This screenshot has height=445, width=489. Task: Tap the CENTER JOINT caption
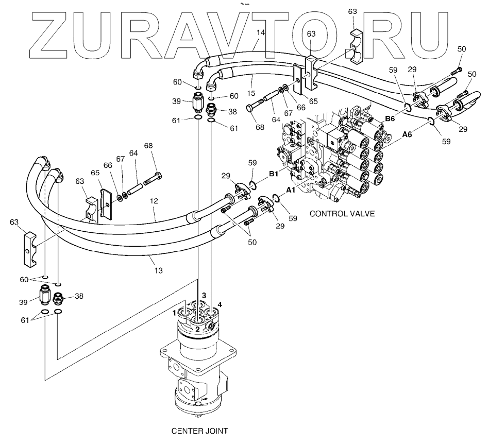pyautogui.click(x=199, y=430)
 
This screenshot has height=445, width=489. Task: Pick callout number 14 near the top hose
pyautogui.click(x=261, y=32)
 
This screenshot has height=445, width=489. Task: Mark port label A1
pyautogui.click(x=291, y=190)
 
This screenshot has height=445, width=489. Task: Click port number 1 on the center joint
pyautogui.click(x=175, y=312)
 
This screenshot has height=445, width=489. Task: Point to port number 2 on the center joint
pyautogui.click(x=197, y=329)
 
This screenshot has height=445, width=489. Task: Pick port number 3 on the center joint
pyautogui.click(x=204, y=296)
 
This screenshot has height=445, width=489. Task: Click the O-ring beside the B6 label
pyautogui.click(x=407, y=107)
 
